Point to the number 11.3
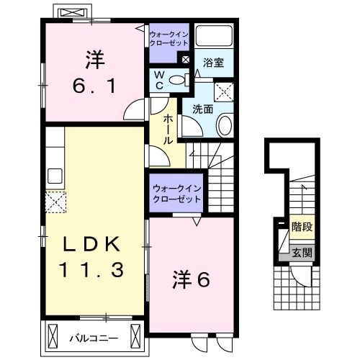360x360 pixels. pyautogui.click(x=92, y=269)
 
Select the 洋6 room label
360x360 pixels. pyautogui.click(x=191, y=279)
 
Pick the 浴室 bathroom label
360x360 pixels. pyautogui.click(x=214, y=63)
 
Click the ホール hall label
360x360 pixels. pyautogui.click(x=168, y=130)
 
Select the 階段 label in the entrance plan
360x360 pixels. pyautogui.click(x=302, y=225)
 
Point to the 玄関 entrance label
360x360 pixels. pyautogui.click(x=302, y=252)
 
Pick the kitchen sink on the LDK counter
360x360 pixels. pyautogui.click(x=55, y=175)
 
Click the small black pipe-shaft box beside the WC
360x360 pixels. pyautogui.click(x=186, y=60)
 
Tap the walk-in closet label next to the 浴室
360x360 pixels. pyautogui.click(x=168, y=38)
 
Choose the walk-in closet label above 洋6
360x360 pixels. pyautogui.click(x=176, y=194)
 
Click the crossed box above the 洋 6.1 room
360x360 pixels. pyautogui.click(x=73, y=13)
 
